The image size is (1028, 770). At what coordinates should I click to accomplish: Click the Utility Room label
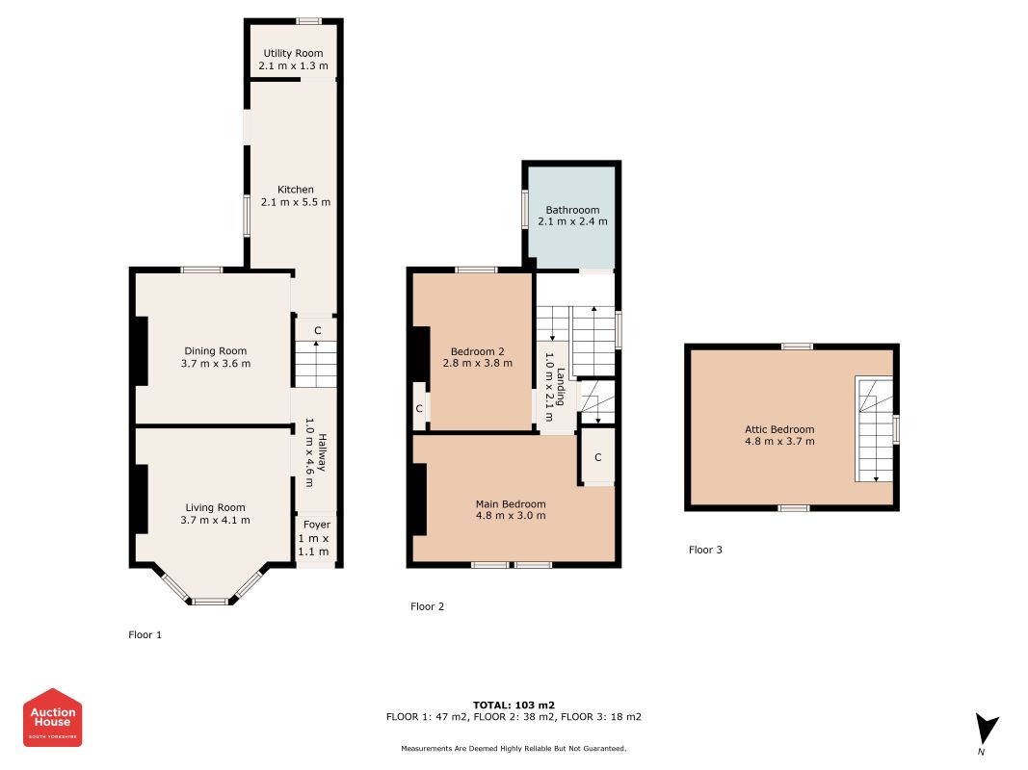pyautogui.click(x=293, y=53)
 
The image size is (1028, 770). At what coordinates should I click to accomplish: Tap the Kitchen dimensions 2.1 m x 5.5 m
pyautogui.click(x=296, y=202)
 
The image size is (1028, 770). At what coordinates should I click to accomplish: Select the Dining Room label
pyautogui.click(x=216, y=351)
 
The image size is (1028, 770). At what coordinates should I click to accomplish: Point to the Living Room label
pyautogui.click(x=215, y=507)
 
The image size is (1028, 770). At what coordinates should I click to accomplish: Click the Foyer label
pyautogui.click(x=317, y=525)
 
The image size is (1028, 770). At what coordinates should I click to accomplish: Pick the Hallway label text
pyautogui.click(x=322, y=451)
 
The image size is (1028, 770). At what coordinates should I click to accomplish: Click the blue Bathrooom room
pyautogui.click(x=572, y=216)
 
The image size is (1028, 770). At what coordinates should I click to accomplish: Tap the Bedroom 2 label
pyautogui.click(x=477, y=351)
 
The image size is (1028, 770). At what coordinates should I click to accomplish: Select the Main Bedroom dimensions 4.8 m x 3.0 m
pyautogui.click(x=511, y=515)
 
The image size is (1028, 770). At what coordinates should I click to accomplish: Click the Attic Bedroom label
pyautogui.click(x=779, y=429)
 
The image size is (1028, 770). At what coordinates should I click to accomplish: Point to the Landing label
pyautogui.click(x=561, y=387)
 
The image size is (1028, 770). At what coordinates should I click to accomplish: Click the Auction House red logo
pyautogui.click(x=52, y=717)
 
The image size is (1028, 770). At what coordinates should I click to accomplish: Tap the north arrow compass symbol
pyautogui.click(x=986, y=730)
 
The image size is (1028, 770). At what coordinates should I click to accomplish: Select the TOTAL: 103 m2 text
pyautogui.click(x=514, y=706)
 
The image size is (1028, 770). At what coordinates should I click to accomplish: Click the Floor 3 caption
pyautogui.click(x=705, y=550)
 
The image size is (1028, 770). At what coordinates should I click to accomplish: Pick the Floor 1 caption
pyautogui.click(x=145, y=634)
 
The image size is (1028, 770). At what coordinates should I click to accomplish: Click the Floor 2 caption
pyautogui.click(x=428, y=606)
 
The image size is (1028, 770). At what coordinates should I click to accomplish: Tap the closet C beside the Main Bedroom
pyautogui.click(x=598, y=457)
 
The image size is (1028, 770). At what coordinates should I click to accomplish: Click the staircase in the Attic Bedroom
pyautogui.click(x=874, y=429)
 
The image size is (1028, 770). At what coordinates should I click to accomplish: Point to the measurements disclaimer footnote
pyautogui.click(x=514, y=749)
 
